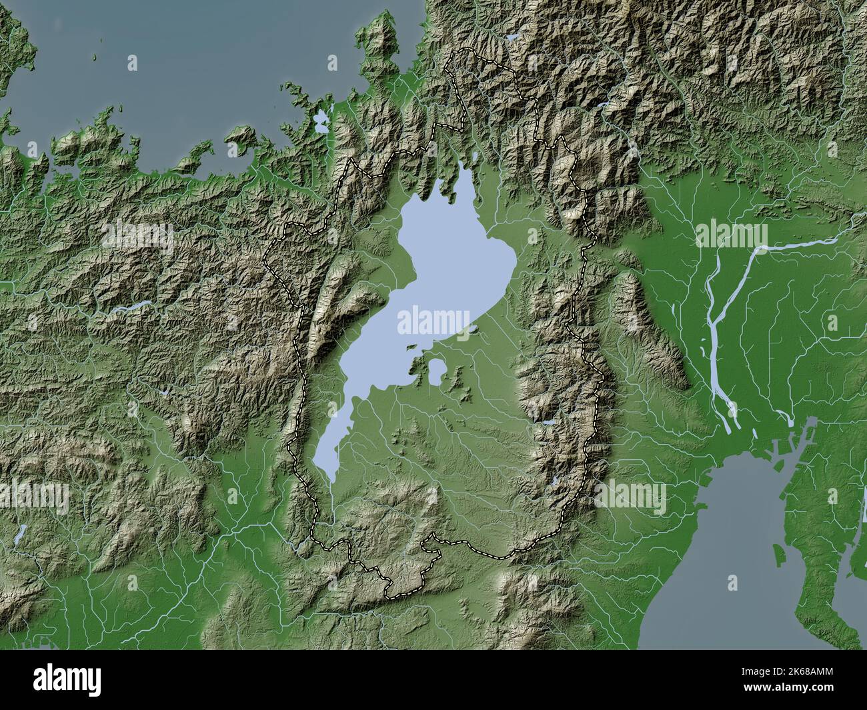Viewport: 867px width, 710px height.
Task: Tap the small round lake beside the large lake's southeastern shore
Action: pyautogui.click(x=438, y=371)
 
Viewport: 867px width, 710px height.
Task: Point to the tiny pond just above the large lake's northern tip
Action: pyautogui.click(x=474, y=157)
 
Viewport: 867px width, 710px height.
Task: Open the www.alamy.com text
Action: pyautogui.click(x=805, y=694)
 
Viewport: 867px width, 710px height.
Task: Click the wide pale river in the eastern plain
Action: pyautogui.click(x=717, y=333)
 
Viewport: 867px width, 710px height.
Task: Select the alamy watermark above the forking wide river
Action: pyautogui.click(x=731, y=235)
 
